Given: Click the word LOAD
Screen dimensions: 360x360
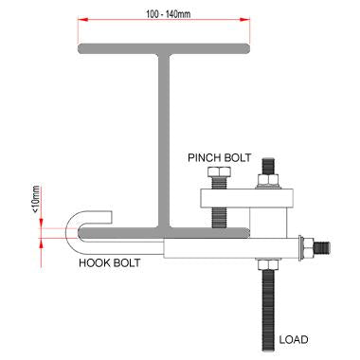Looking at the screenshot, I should (x=294, y=338).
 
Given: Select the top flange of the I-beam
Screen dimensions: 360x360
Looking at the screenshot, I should (x=169, y=48).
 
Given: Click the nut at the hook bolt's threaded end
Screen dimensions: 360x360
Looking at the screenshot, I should (x=305, y=248).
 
